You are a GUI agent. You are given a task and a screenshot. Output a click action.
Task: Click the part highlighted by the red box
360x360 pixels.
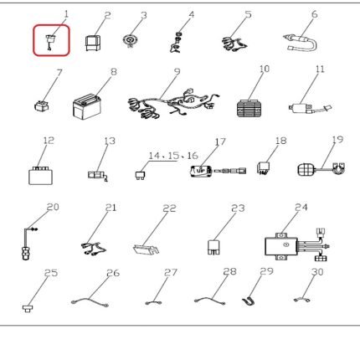click(50, 41)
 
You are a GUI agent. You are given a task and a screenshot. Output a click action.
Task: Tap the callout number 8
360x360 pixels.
click(114, 72)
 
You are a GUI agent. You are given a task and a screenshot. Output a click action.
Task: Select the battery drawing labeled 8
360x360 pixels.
click(87, 106)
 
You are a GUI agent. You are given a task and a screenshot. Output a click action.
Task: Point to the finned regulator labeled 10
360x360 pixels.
click(249, 108)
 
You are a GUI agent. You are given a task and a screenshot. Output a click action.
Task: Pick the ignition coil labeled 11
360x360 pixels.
click(310, 108)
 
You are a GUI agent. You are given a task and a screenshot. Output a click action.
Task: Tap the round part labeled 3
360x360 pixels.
click(130, 41)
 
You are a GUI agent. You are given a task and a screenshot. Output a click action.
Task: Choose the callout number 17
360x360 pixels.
click(220, 141)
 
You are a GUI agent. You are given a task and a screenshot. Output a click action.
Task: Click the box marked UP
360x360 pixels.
click(200, 171)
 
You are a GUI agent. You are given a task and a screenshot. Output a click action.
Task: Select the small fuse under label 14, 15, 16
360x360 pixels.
click(140, 175)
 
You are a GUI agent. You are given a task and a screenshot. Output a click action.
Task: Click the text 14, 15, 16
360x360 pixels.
click(173, 156)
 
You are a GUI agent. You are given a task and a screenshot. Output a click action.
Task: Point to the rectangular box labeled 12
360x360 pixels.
click(40, 176)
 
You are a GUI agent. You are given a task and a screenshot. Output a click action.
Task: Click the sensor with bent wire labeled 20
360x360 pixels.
click(28, 244)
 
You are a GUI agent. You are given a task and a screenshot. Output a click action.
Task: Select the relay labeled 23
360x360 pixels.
click(213, 247)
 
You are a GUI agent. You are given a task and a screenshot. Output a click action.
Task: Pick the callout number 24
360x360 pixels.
click(301, 208)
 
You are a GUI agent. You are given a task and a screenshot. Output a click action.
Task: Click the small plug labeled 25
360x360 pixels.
click(27, 308)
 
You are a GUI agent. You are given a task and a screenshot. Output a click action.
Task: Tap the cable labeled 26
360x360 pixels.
click(90, 302)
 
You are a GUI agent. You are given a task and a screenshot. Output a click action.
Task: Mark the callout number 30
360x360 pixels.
click(317, 272)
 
